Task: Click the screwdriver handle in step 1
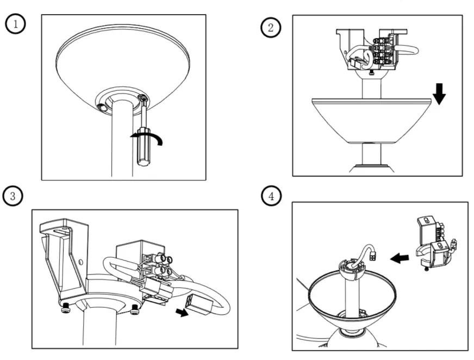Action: coord(143,144)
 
